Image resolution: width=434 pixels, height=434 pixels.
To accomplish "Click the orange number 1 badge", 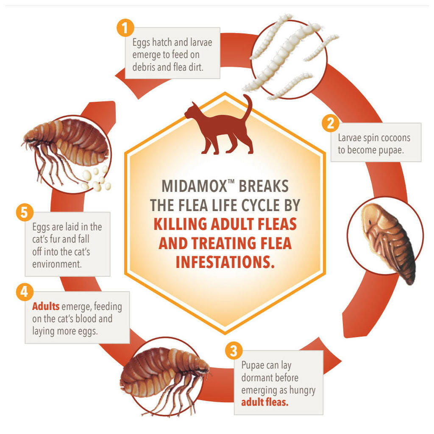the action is pyautogui.click(x=125, y=28).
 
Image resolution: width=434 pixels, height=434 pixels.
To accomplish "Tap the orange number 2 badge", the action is pyautogui.click(x=331, y=123).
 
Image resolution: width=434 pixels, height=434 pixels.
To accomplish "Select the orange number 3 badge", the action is pyautogui.click(x=234, y=351).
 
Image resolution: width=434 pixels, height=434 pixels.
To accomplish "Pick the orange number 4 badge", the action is pyautogui.click(x=25, y=292).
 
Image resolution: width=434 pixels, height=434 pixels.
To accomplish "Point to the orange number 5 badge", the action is pyautogui.click(x=25, y=213).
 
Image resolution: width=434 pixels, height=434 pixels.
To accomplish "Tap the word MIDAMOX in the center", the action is pyautogui.click(x=194, y=186).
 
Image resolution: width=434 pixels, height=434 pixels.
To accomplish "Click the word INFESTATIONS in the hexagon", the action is pyautogui.click(x=225, y=262).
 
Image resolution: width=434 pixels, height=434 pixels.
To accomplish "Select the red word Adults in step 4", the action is pyautogui.click(x=46, y=306).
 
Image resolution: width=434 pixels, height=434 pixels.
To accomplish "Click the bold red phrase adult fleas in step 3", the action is pyautogui.click(x=264, y=402).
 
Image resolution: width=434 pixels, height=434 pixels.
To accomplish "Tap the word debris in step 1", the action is pyautogui.click(x=144, y=67).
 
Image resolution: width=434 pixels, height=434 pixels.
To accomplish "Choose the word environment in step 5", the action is pyautogui.click(x=57, y=264).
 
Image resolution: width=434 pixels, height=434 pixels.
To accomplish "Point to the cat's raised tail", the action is pyautogui.click(x=248, y=106).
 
